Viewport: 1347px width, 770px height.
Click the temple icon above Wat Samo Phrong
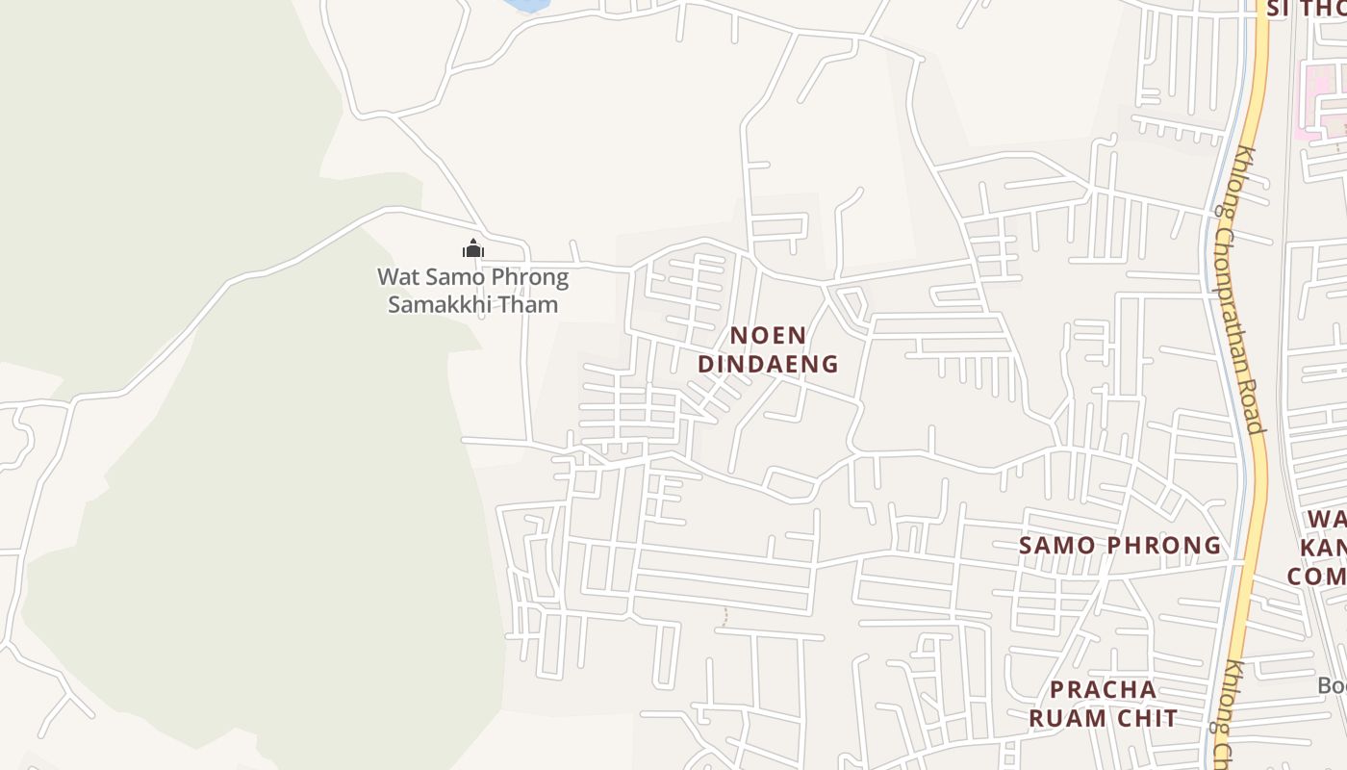(x=472, y=249)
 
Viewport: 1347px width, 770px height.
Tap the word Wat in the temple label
(x=397, y=278)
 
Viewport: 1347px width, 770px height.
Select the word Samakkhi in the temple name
(x=448, y=305)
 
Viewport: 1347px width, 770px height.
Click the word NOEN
(x=768, y=336)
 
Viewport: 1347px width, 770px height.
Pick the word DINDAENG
(x=768, y=364)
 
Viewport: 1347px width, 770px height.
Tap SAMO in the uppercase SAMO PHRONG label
(x=1057, y=546)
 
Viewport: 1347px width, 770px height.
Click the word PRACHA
(x=1103, y=689)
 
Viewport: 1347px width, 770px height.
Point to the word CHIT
(x=1148, y=718)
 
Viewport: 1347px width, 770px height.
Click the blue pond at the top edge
(x=526, y=5)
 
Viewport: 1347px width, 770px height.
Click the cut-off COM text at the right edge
(x=1316, y=576)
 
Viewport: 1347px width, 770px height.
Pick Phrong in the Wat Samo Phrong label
(x=530, y=278)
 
